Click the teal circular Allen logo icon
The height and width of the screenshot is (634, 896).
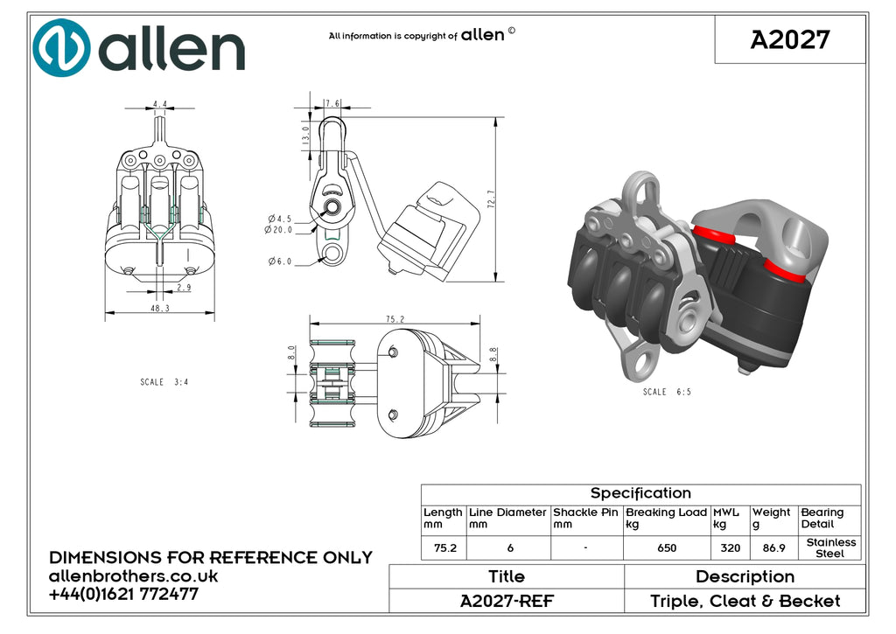61,48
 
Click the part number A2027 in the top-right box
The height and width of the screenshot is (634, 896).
790,40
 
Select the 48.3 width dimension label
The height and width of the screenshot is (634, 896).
160,308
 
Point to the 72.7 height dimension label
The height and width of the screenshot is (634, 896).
492,199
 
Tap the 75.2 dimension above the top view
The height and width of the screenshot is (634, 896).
395,318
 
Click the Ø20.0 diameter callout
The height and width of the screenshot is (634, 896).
278,230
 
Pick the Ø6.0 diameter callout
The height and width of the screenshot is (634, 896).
280,261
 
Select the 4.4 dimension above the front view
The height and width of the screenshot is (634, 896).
160,105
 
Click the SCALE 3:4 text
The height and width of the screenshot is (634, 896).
164,382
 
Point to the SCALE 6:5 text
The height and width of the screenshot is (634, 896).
667,392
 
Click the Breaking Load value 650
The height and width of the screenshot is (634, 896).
667,548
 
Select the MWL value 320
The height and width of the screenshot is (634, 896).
731,548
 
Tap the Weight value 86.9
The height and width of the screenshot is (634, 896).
773,548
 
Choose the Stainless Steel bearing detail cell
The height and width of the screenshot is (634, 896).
831,547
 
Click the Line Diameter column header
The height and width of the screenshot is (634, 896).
507,518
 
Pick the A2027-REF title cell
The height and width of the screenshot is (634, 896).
507,601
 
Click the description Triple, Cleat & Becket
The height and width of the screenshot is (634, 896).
745,601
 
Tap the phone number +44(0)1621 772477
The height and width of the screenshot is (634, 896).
123,594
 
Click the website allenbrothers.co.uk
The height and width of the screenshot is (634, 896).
133,575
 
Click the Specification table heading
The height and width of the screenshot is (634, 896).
640,493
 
